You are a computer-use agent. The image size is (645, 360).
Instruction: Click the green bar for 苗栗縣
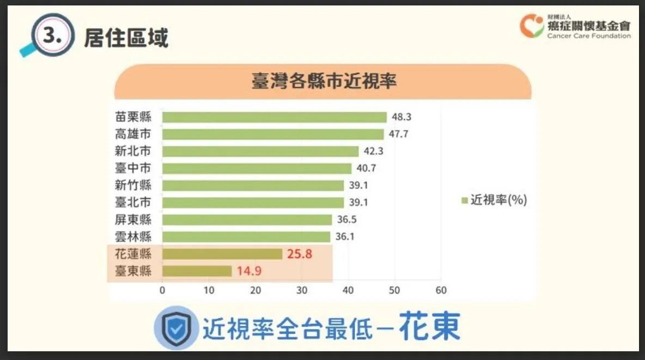pyautogui.click(x=274, y=117)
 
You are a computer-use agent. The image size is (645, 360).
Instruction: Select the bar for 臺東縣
pyautogui.click(x=197, y=271)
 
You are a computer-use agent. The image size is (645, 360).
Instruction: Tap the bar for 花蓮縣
pyautogui.click(x=222, y=254)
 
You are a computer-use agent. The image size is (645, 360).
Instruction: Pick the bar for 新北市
pyautogui.click(x=260, y=151)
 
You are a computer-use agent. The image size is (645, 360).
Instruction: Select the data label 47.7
pyautogui.click(x=398, y=134)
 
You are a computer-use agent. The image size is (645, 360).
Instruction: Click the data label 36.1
pyautogui.click(x=344, y=237)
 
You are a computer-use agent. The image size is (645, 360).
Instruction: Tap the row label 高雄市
pyautogui.click(x=133, y=134)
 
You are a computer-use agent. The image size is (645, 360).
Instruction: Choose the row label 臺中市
pyautogui.click(x=133, y=168)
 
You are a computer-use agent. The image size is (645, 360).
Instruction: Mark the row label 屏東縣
pyautogui.click(x=133, y=219)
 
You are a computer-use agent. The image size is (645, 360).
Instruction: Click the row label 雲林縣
pyautogui.click(x=133, y=237)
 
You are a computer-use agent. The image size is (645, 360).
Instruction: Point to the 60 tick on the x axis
pyautogui.click(x=441, y=290)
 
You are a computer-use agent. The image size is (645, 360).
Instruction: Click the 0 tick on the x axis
pyautogui.click(x=162, y=290)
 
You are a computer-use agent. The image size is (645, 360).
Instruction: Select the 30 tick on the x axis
pyautogui.click(x=302, y=290)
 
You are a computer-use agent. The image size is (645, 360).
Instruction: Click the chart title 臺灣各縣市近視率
pyautogui.click(x=323, y=81)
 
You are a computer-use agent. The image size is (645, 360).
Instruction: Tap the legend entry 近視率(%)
pyautogui.click(x=494, y=200)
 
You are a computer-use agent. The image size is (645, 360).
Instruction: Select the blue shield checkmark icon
pyautogui.click(x=177, y=327)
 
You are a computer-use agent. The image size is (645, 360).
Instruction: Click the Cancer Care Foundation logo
pyautogui.click(x=575, y=27)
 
